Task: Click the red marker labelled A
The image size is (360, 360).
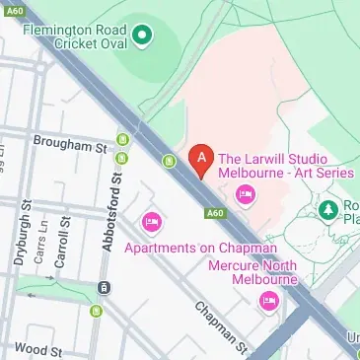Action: pos(201,158)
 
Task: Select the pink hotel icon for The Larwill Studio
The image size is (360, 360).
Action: pos(246,193)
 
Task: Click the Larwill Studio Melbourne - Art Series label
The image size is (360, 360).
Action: pos(284,165)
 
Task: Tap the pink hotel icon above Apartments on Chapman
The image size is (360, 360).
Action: pos(151,221)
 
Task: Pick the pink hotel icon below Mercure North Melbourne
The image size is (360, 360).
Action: pos(266,301)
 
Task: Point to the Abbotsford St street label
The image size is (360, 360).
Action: pos(113,208)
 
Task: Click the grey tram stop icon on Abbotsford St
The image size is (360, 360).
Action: pos(102,288)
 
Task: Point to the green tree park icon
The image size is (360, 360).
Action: pos(328,209)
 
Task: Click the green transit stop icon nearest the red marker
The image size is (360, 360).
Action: pos(170,159)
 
